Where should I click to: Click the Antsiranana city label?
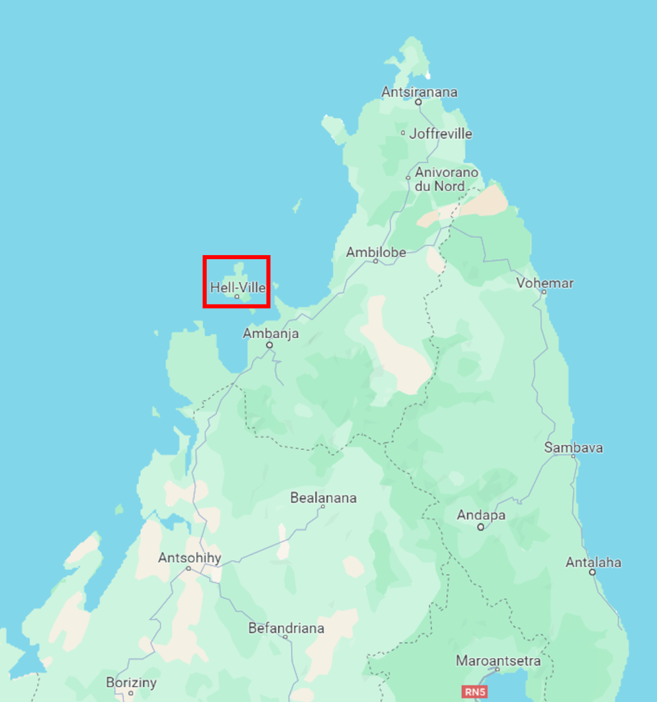click(419, 92)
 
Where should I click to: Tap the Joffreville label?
click(441, 134)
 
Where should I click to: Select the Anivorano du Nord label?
click(446, 179)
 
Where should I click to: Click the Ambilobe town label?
click(375, 252)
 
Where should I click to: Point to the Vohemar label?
click(545, 283)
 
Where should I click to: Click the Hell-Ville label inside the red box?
click(237, 288)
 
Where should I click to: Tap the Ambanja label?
click(271, 334)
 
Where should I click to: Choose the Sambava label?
click(573, 448)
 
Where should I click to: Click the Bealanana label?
click(323, 498)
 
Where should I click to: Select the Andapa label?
click(481, 515)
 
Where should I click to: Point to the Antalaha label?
click(593, 562)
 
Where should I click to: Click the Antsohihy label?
click(190, 558)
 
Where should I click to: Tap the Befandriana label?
click(286, 628)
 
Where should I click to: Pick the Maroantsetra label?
click(498, 661)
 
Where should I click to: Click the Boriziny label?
click(131, 683)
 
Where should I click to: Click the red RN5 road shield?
click(474, 692)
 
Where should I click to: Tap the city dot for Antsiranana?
click(418, 102)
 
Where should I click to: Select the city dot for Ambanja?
click(270, 345)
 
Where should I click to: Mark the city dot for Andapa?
click(481, 527)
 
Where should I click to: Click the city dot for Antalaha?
click(593, 572)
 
